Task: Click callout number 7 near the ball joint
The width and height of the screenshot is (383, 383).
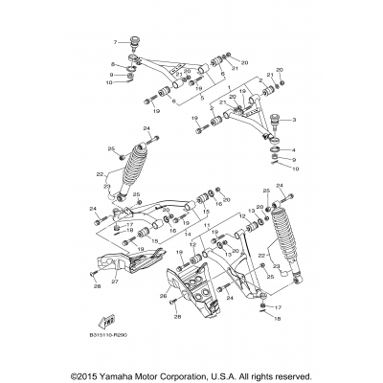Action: pyautogui.click(x=115, y=43)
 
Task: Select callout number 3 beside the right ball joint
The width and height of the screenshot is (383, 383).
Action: pyautogui.click(x=294, y=120)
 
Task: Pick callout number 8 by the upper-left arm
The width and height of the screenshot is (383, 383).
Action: pyautogui.click(x=113, y=63)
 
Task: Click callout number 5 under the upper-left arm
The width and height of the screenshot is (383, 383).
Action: pyautogui.click(x=201, y=97)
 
